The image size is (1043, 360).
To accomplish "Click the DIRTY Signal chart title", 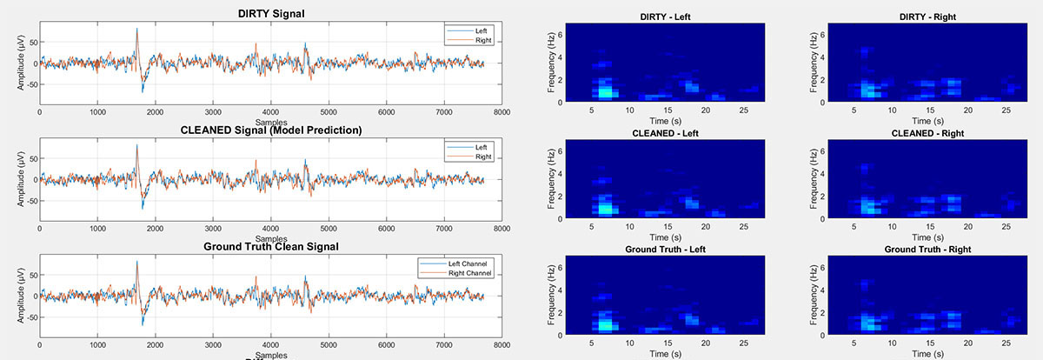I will pos(270,13).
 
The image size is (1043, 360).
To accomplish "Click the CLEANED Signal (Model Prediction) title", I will pos(270,130).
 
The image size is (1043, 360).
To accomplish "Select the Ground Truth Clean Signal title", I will pos(270,246).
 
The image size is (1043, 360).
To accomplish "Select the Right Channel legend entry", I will pos(470,273).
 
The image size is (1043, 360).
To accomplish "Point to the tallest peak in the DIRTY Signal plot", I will pos(136,29).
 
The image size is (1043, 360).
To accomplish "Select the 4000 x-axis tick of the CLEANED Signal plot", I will pos(270,229).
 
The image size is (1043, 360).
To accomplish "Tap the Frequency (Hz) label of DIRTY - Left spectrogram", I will pos(551,63).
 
